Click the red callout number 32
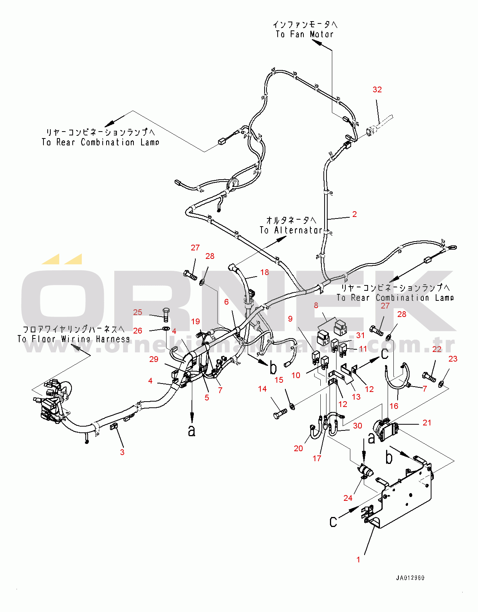point(377,90)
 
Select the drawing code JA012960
point(410,578)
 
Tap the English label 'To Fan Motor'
point(305,34)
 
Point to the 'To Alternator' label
point(291,230)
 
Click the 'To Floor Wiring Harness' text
point(73,339)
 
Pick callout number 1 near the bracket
point(358,559)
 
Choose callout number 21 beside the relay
point(427,422)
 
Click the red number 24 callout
point(348,498)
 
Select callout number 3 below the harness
point(122,452)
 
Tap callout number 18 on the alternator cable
point(265,272)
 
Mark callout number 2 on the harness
point(355,214)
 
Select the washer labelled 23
point(441,383)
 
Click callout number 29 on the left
point(154,359)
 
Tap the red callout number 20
point(298,448)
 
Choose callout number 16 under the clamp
point(394,406)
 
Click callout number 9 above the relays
point(290,319)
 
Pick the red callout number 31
point(360,335)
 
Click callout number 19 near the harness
point(195,321)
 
